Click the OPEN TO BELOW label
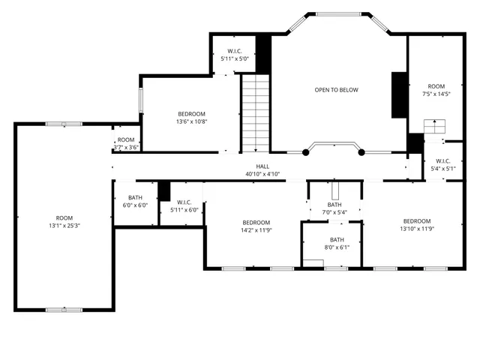click(x=336, y=90)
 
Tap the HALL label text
click(x=262, y=166)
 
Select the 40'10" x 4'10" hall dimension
click(x=262, y=174)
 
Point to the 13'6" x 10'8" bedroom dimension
click(x=191, y=121)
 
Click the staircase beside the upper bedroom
click(x=255, y=112)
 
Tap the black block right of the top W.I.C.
click(x=263, y=52)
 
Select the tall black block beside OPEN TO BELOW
click(x=399, y=94)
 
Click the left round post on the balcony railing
click(x=305, y=152)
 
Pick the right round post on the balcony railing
click(x=361, y=152)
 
